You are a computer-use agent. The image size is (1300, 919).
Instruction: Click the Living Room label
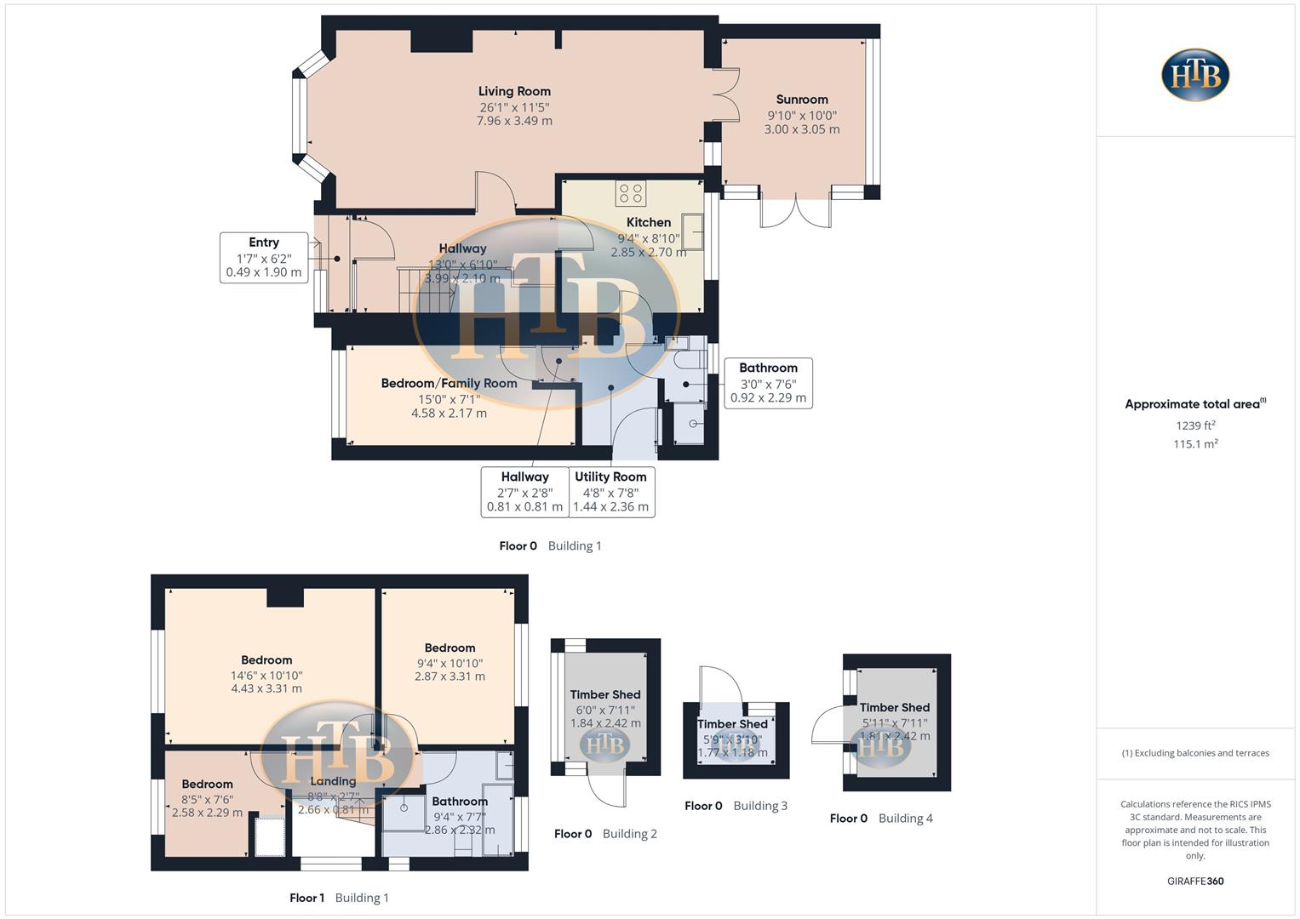tap(514, 92)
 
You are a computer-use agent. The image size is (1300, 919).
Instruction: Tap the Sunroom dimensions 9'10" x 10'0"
tap(802, 116)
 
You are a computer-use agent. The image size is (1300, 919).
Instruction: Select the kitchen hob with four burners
tap(631, 193)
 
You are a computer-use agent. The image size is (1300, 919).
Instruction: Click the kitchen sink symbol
tap(692, 231)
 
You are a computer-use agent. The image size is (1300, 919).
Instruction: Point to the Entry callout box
tap(264, 257)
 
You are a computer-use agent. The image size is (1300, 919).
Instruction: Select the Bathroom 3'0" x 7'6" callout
tap(768, 383)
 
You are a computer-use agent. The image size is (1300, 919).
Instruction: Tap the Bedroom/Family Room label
tap(449, 384)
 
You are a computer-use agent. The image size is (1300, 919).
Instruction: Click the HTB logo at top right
tap(1195, 75)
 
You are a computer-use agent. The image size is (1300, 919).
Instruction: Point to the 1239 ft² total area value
tap(1195, 425)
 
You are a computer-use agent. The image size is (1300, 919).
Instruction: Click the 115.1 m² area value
tap(1195, 444)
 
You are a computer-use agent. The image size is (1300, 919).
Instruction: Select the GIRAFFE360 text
tap(1195, 882)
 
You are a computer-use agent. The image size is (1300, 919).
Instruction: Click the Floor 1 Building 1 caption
tap(339, 898)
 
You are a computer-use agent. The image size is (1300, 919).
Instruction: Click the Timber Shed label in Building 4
tap(894, 708)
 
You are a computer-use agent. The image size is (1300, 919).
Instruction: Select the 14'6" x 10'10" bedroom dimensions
tap(266, 676)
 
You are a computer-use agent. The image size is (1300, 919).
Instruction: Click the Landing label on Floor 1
tap(333, 781)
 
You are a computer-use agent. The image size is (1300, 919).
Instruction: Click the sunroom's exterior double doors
tap(795, 213)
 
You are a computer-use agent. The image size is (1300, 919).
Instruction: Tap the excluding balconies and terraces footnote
tap(1195, 753)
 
